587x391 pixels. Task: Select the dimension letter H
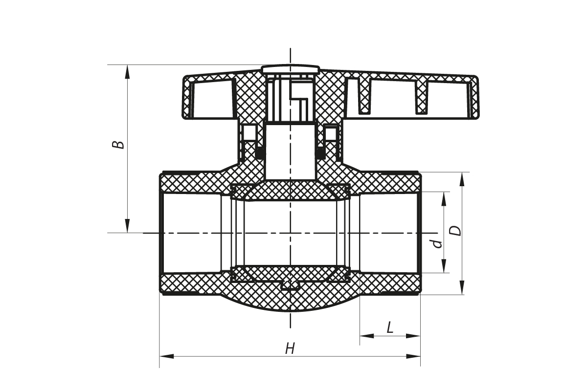click(290, 348)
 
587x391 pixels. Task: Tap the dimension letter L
click(390, 327)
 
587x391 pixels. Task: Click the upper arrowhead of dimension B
click(127, 71)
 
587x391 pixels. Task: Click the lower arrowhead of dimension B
click(127, 226)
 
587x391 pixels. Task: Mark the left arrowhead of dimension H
click(167, 356)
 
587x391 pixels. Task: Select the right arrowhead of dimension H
click(413, 356)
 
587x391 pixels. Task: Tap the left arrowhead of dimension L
click(367, 336)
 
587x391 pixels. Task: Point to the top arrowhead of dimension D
click(462, 179)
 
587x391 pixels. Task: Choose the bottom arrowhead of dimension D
click(462, 287)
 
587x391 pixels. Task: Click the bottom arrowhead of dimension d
click(444, 266)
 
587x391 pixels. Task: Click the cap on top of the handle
click(290, 68)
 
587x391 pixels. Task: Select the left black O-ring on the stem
click(259, 153)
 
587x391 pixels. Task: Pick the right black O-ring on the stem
click(320, 153)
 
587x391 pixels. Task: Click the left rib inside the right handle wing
click(364, 96)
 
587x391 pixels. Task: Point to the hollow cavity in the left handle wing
click(213, 99)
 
